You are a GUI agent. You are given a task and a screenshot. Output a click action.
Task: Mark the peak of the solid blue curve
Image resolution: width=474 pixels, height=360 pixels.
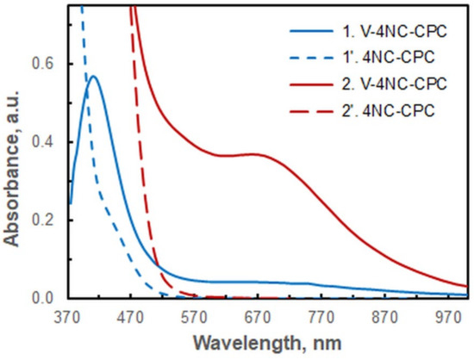tap(93, 76)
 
